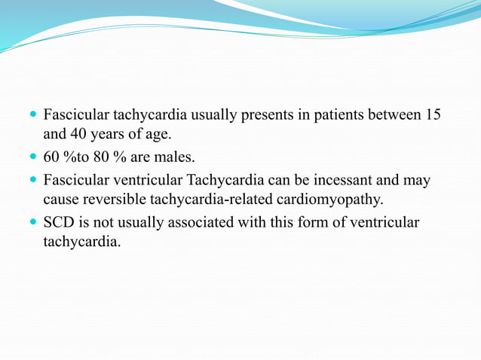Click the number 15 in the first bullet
pyautogui.click(x=433, y=116)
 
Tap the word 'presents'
pyautogui.click(x=266, y=116)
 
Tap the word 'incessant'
pyautogui.click(x=344, y=181)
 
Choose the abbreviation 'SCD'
pyautogui.click(x=58, y=223)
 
